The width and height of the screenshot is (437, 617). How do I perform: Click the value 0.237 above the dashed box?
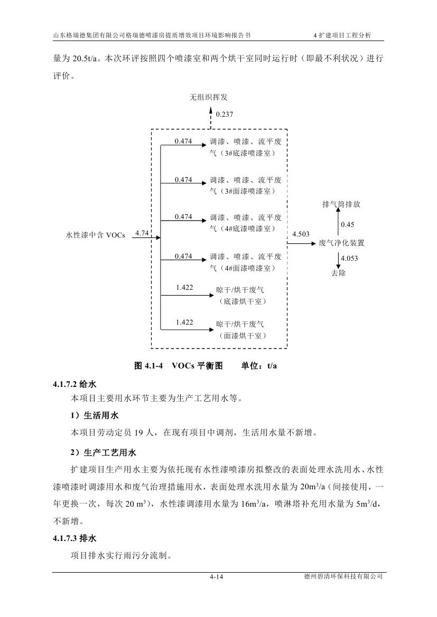(224, 113)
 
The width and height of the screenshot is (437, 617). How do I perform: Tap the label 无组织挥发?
(209, 97)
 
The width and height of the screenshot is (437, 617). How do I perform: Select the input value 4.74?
(141, 232)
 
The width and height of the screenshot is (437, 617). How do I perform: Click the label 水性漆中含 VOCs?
(95, 235)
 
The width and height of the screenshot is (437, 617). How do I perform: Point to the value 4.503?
(301, 234)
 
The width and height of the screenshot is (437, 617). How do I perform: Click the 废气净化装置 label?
(342, 243)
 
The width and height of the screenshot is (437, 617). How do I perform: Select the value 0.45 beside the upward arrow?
(347, 225)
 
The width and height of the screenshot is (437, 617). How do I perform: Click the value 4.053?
(350, 258)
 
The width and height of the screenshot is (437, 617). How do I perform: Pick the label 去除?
(338, 273)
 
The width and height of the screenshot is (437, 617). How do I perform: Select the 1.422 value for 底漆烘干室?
(184, 288)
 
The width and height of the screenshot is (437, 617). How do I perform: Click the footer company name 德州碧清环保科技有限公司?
(340, 577)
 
